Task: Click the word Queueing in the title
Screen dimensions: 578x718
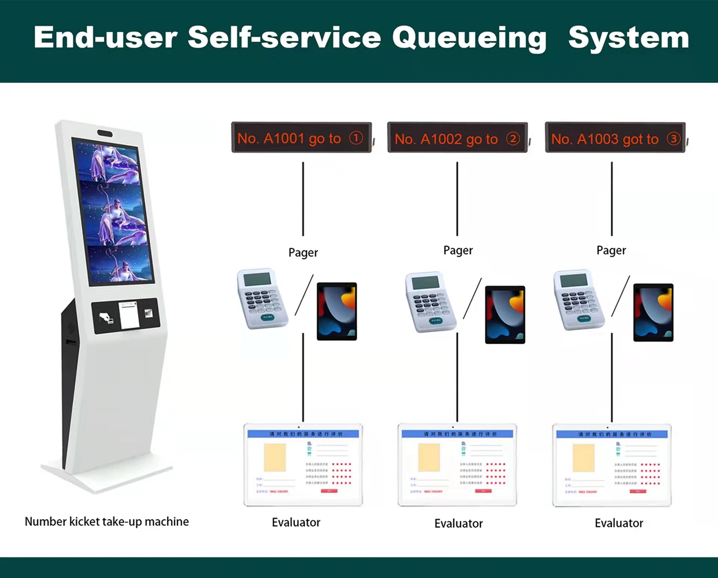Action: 469,38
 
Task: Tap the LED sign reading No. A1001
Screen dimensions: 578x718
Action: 301,137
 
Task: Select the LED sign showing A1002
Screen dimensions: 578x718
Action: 457,138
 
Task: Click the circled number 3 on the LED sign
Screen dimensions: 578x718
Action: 673,139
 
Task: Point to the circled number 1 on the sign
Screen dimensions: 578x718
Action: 356,138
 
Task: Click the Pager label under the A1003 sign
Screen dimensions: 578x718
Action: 611,250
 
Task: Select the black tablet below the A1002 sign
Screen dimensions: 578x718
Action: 505,315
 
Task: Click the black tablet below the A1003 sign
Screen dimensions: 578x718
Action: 653,312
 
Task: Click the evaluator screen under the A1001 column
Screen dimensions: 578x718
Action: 303,465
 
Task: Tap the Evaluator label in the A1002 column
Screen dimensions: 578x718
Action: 458,523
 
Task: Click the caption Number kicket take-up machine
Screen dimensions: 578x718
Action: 107,522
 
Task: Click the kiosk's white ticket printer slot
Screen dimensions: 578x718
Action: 129,315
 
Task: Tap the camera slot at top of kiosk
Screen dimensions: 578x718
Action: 105,133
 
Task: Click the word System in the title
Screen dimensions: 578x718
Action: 628,38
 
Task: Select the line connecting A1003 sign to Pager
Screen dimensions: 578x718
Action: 612,198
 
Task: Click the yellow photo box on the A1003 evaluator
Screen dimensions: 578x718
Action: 583,458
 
